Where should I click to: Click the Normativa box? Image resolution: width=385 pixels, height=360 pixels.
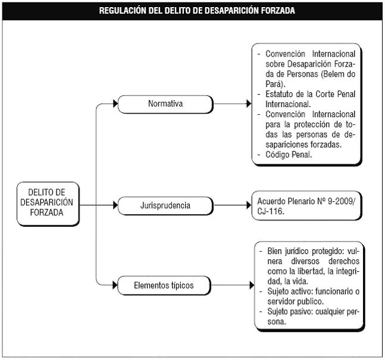165,104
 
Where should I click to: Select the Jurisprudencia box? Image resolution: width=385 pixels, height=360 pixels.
165,205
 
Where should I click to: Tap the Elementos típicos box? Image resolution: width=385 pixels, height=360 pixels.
164,286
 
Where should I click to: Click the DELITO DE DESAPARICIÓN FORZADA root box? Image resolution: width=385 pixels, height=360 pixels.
48,204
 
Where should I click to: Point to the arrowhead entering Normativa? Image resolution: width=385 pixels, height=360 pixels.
115,104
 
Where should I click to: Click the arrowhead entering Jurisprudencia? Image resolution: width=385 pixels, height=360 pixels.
115,205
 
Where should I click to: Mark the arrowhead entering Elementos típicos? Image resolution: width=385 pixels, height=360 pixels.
115,285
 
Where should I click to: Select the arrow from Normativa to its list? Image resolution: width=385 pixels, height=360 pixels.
232,104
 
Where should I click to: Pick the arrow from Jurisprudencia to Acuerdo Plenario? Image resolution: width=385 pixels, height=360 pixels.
232,205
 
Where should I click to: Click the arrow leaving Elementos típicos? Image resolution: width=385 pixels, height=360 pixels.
233,285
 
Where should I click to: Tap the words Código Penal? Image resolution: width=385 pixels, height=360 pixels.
289,155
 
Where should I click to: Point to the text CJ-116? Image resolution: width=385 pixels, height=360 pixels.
271,211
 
